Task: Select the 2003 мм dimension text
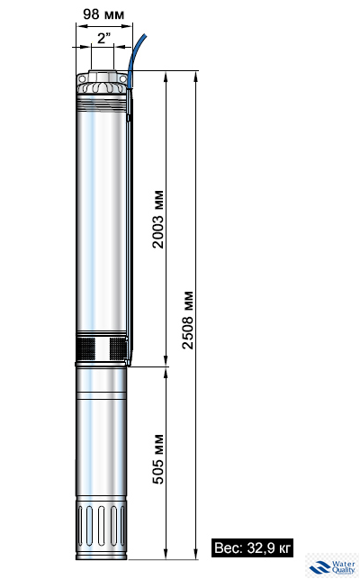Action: click(x=158, y=221)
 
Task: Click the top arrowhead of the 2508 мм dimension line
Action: click(x=197, y=76)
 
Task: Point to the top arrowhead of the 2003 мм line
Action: click(x=167, y=76)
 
